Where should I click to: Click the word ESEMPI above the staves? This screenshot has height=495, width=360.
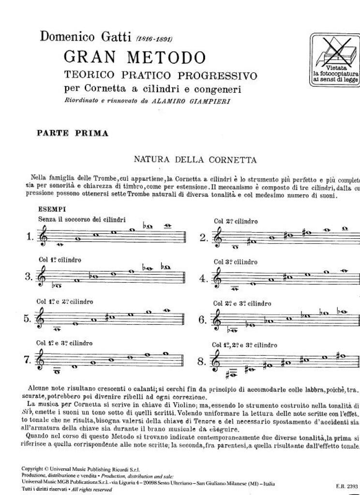pyautogui.click(x=54, y=209)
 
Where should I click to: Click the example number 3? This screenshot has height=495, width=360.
pyautogui.click(x=28, y=277)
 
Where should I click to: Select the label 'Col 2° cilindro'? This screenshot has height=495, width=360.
pyautogui.click(x=236, y=221)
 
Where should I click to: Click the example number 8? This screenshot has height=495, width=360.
pyautogui.click(x=203, y=362)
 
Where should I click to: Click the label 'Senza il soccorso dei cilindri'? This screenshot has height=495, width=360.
pyautogui.click(x=83, y=219)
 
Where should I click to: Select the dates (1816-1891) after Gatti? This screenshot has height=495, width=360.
pyautogui.click(x=154, y=38)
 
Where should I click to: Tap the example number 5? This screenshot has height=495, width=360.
pyautogui.click(x=28, y=319)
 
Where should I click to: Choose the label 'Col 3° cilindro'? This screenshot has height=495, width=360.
pyautogui.click(x=236, y=262)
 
